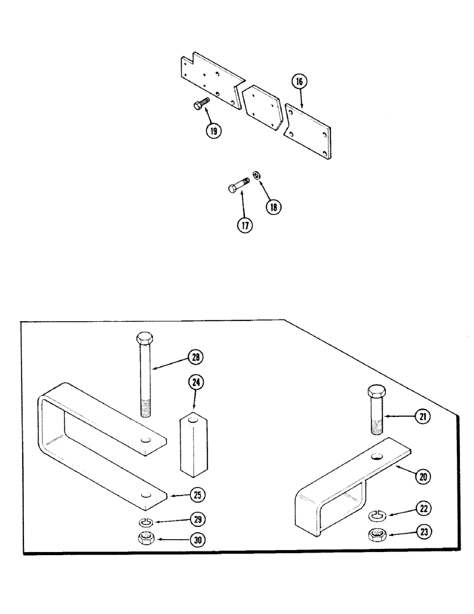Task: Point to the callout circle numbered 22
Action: point(424,508)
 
